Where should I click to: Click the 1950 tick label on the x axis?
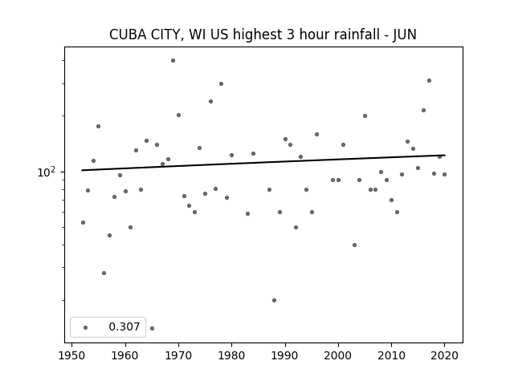71,355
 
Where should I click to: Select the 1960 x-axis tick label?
125,355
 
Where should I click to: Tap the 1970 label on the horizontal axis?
178,355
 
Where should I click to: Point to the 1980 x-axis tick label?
231,355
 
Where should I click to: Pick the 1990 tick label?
285,355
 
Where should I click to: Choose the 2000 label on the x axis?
338,355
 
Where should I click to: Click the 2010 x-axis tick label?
391,355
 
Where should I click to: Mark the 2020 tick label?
444,355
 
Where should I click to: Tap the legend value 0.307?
124,326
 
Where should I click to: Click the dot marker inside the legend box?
86,327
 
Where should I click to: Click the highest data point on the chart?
173,61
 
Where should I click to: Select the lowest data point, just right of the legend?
152,328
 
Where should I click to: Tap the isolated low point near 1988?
274,300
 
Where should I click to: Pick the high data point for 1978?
222,83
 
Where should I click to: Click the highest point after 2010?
429,80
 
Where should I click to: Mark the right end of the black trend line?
445,155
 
